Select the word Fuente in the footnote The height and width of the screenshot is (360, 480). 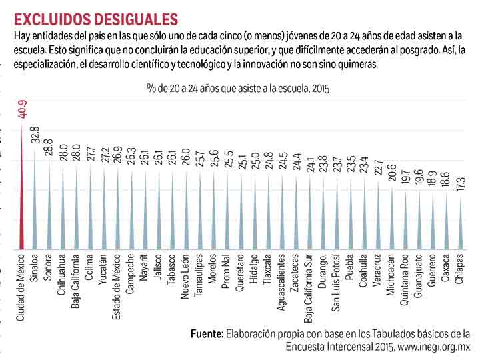207,333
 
